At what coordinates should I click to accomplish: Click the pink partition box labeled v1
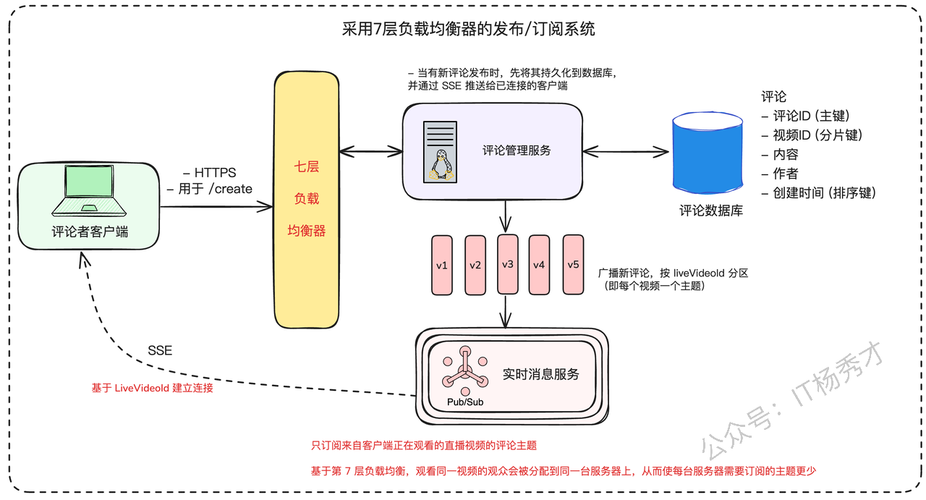[x=442, y=265]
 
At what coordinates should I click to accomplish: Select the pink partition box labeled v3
[x=508, y=264]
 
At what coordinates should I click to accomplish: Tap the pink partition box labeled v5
[x=574, y=265]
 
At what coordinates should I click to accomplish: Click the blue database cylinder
[x=708, y=152]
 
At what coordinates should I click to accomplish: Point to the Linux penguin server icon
[x=441, y=152]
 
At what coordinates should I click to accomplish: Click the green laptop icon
[x=89, y=190]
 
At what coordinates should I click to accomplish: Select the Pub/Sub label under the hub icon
[x=465, y=402]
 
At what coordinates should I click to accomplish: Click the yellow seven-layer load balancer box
[x=307, y=200]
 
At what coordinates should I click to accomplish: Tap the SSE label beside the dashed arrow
[x=160, y=351]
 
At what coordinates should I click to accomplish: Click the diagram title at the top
[x=468, y=29]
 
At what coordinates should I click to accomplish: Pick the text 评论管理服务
[x=517, y=151]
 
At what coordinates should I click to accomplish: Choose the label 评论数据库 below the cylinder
[x=711, y=211]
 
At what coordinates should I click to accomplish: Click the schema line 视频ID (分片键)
[x=812, y=135]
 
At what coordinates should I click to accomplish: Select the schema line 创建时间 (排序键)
[x=819, y=193]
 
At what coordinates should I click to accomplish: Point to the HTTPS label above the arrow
[x=210, y=172]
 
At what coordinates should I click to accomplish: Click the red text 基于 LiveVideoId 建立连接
[x=152, y=388]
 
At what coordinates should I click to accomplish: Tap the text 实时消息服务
[x=540, y=374]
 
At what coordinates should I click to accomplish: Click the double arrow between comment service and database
[x=626, y=152]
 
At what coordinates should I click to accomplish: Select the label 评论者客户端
[x=90, y=232]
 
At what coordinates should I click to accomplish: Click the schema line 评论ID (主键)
[x=806, y=116]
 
